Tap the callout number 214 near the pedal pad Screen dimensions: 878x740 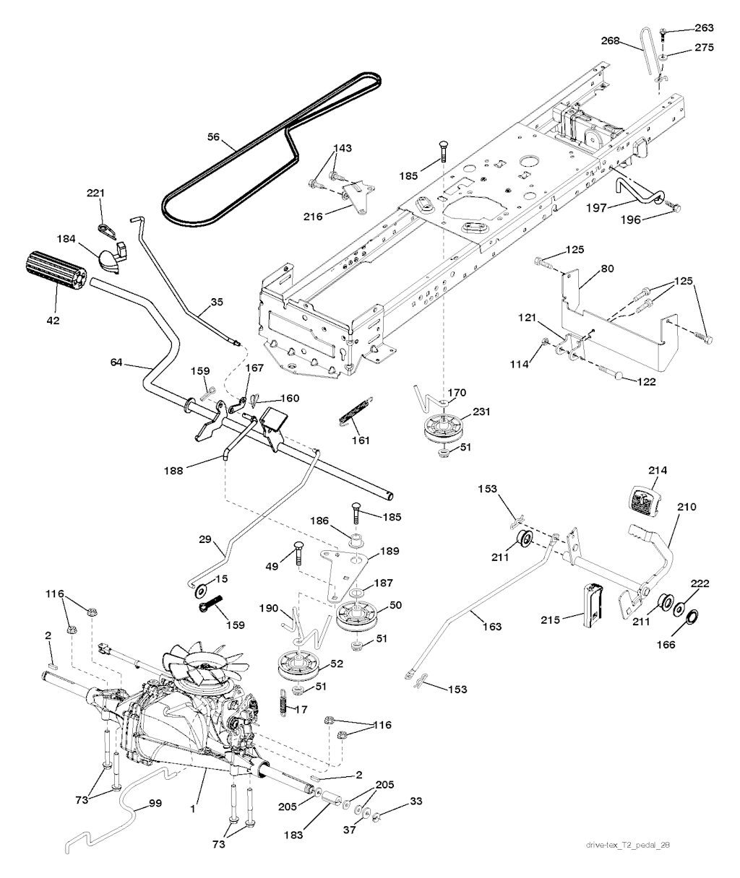coord(657,470)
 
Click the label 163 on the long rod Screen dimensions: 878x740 coord(491,627)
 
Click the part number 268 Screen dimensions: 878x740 coord(627,41)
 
